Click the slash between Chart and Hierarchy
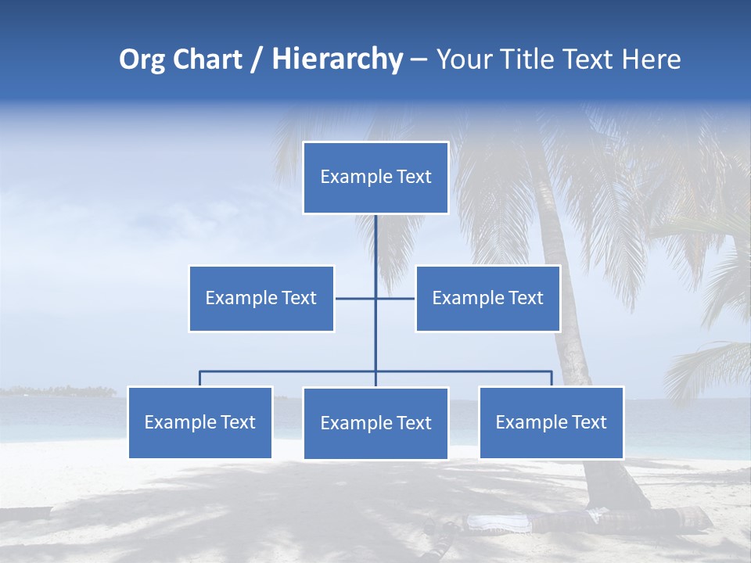[x=257, y=60]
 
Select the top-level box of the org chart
[x=375, y=178]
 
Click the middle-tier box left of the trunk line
[x=261, y=298]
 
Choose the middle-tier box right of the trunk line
[x=487, y=298]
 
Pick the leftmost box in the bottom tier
[x=200, y=422]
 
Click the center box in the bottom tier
[x=375, y=423]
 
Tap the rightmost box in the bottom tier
[x=552, y=422]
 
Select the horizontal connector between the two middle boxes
[x=356, y=298]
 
